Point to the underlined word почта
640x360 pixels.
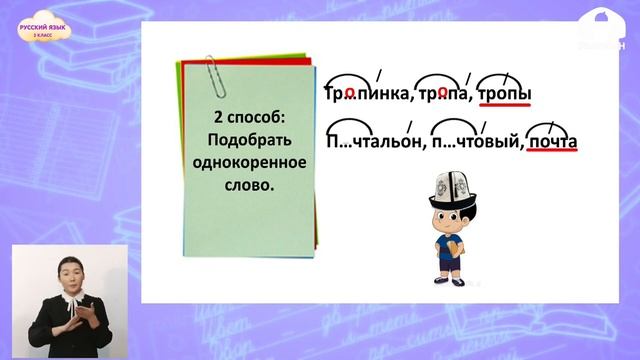tap(552, 142)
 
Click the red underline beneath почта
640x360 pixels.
tap(552, 155)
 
